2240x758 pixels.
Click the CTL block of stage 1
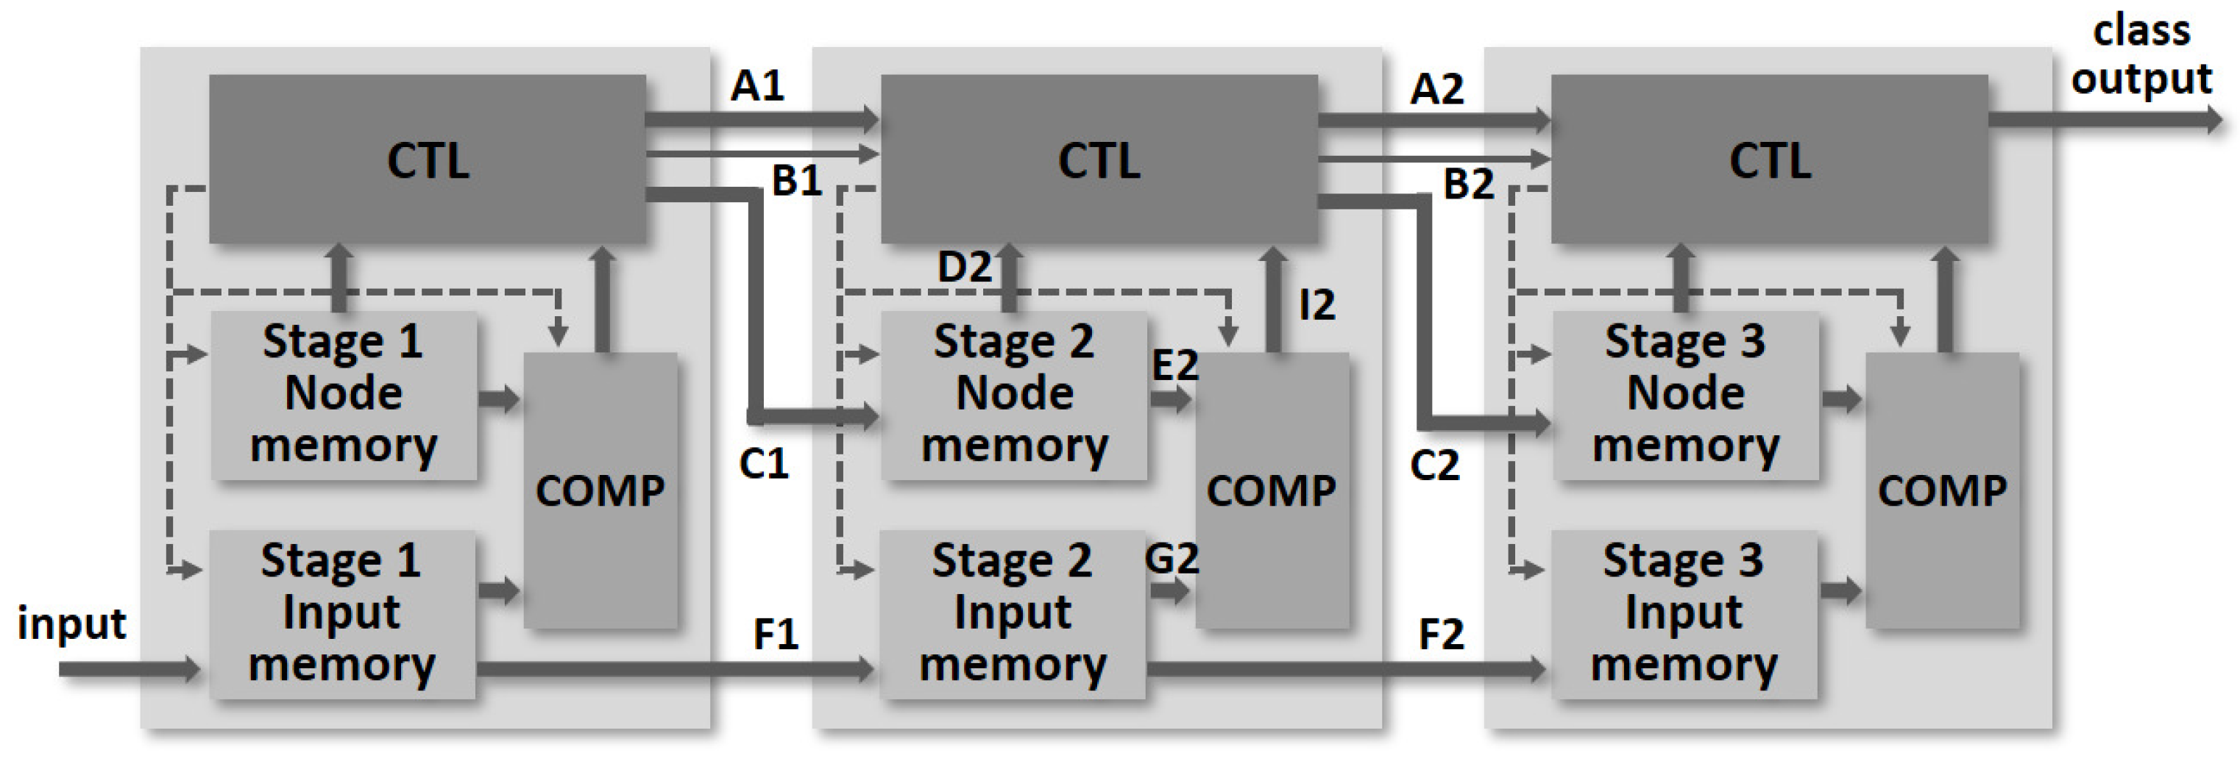point(427,159)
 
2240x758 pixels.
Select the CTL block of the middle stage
point(1098,159)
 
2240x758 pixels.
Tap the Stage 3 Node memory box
point(1685,395)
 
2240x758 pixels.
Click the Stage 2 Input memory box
point(1013,614)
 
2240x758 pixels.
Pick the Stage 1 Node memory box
point(344,395)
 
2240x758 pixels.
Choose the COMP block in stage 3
point(1942,490)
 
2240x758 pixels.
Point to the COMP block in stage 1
point(600,490)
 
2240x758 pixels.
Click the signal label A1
point(757,86)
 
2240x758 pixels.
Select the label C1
point(762,464)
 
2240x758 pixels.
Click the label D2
point(964,267)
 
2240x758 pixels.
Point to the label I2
point(1316,305)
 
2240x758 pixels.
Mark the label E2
point(1174,365)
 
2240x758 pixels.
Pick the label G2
point(1172,558)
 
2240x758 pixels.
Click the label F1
point(776,634)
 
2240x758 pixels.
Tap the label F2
point(1441,634)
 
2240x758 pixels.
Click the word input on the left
point(71,624)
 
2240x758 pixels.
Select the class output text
point(2141,56)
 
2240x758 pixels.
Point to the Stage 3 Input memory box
point(1684,614)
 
